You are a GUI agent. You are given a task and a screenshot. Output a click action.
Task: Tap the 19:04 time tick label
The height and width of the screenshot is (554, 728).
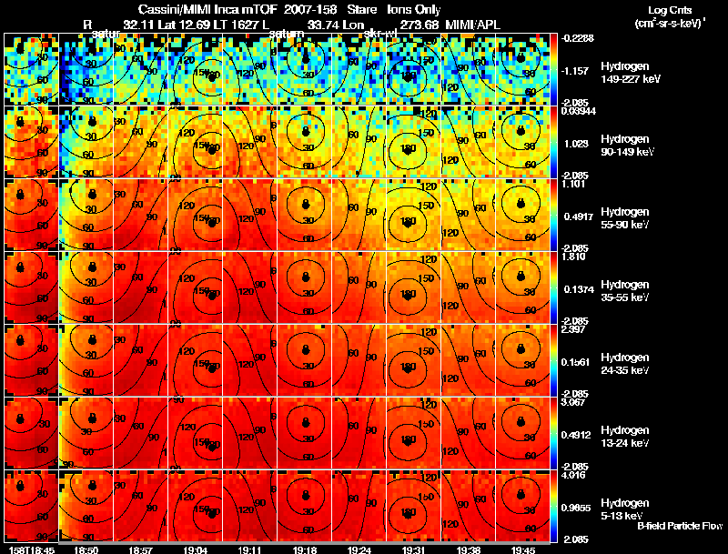[197, 549]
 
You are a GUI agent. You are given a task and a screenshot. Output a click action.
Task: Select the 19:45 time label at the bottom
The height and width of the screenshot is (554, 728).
[522, 549]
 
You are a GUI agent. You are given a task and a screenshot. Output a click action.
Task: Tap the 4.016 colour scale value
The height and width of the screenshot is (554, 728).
[572, 474]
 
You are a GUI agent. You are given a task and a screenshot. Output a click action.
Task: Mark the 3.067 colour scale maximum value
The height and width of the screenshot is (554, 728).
[572, 401]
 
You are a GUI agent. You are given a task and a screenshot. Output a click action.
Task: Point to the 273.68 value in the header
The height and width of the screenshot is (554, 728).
[420, 24]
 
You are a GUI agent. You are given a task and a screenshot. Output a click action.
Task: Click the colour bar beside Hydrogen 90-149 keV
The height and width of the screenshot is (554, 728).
[556, 143]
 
